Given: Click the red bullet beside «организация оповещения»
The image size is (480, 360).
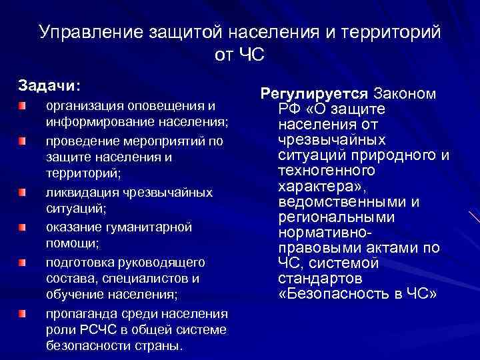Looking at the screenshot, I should click(x=23, y=106).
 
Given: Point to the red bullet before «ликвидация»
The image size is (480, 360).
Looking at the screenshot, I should click(x=23, y=193).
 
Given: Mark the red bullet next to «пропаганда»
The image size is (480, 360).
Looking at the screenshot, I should click(x=23, y=313).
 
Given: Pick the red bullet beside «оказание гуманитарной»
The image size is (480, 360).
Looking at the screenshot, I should click(x=23, y=227).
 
